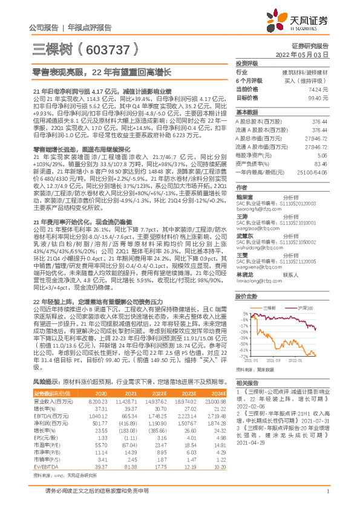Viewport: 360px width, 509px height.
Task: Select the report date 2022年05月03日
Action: point(308,53)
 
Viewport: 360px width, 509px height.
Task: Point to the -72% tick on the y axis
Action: point(241,357)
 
